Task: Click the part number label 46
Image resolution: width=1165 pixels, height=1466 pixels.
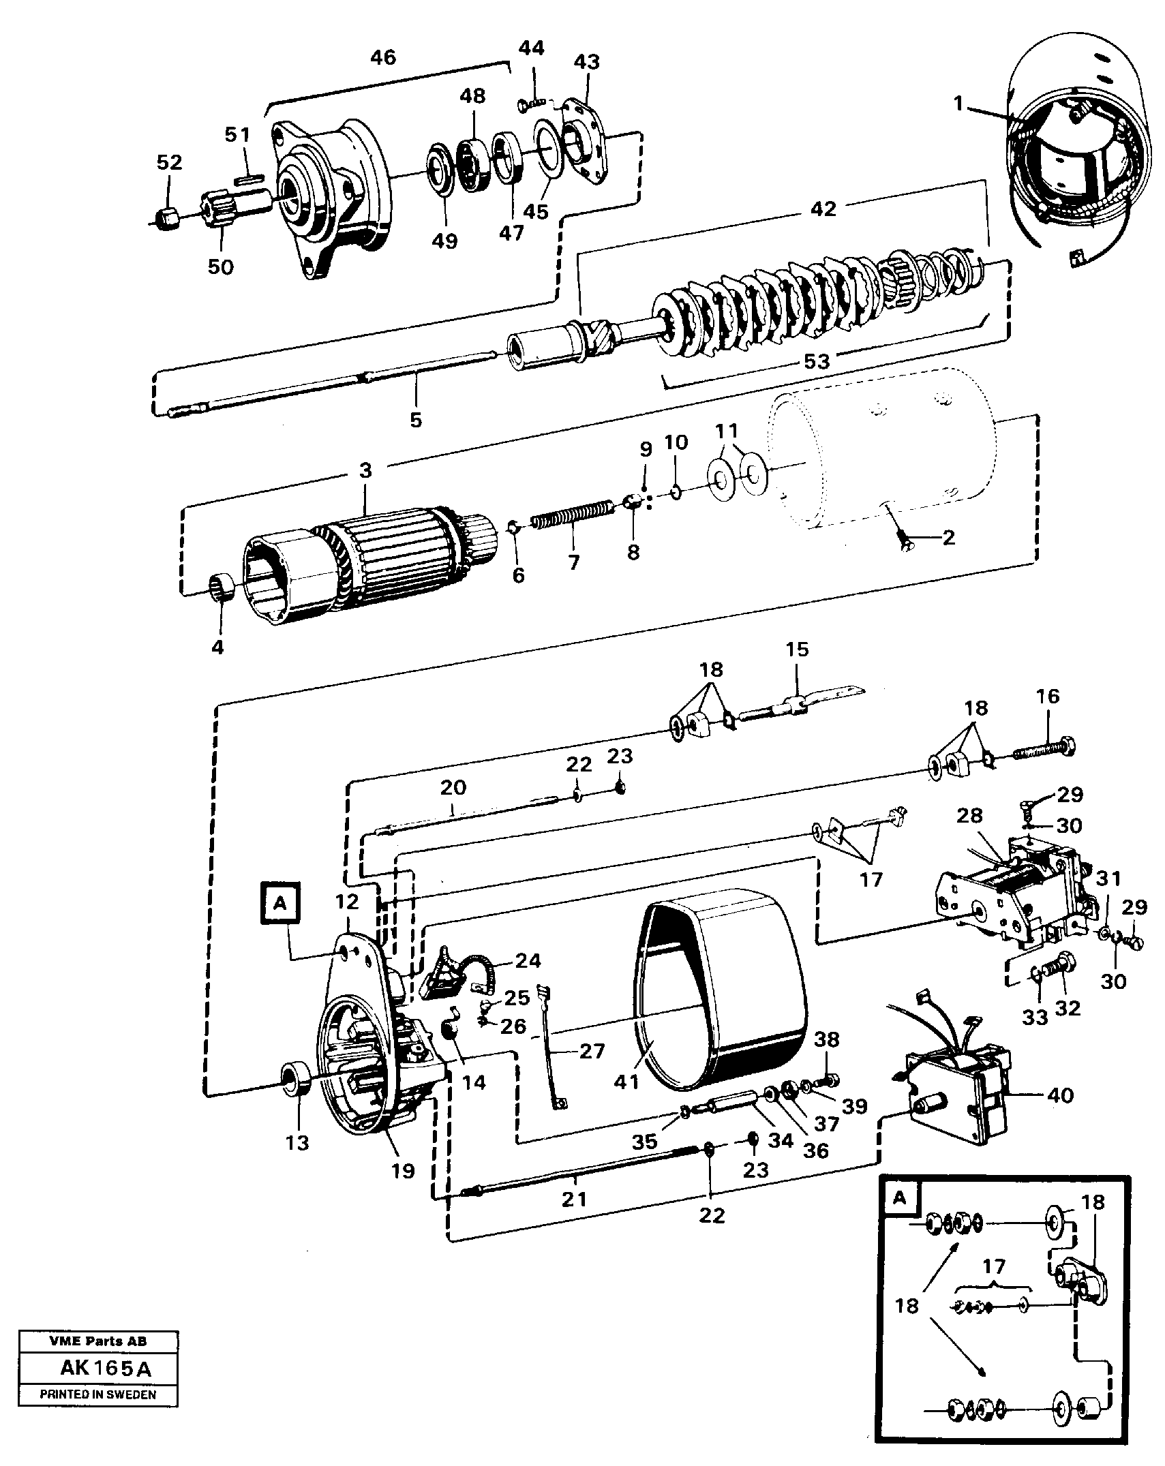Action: click(382, 57)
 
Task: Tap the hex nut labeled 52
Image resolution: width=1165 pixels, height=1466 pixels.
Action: click(166, 219)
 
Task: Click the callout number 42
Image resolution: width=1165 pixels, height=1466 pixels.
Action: click(823, 209)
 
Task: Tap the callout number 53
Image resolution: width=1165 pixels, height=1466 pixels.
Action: click(816, 361)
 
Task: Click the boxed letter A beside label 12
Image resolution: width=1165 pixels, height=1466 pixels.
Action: click(279, 903)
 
